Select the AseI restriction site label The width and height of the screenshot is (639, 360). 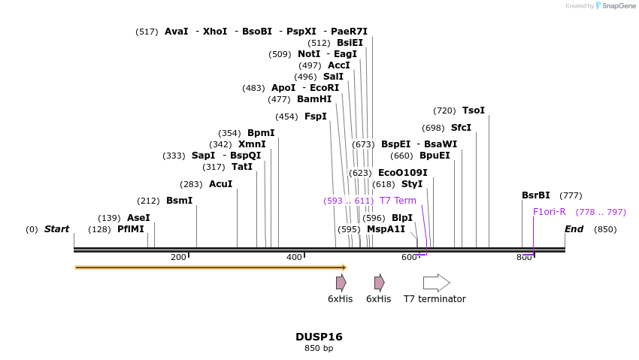[x=138, y=218]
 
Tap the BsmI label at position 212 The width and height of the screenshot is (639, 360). [x=179, y=201]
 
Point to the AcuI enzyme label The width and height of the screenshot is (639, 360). [x=220, y=184]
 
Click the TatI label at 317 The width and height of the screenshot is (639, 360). [x=242, y=167]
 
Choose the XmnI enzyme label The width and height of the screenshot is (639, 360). [x=252, y=144]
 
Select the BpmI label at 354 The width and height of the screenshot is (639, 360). [x=261, y=133]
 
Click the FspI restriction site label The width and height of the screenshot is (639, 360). [x=315, y=116]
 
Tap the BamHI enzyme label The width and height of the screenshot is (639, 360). [x=314, y=99]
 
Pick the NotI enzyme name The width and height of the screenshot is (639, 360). [x=309, y=54]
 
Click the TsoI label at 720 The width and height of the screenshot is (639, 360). [x=474, y=110]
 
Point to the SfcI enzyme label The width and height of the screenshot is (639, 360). [x=461, y=128]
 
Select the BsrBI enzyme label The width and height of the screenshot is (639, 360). [x=536, y=195]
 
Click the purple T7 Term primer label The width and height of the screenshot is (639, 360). [x=398, y=201]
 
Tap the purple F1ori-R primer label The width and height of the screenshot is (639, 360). [x=550, y=212]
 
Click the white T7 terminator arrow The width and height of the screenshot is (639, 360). [x=436, y=283]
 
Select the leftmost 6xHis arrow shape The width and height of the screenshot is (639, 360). [x=341, y=283]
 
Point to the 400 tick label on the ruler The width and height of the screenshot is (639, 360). [x=294, y=258]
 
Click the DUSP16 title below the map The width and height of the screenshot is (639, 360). [x=319, y=337]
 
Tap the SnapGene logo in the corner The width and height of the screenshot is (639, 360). [x=615, y=6]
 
